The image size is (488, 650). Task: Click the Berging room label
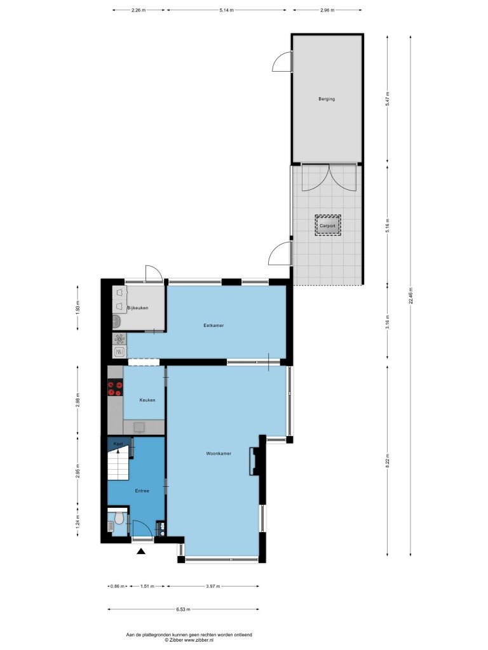click(x=327, y=99)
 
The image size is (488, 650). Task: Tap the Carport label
click(x=327, y=226)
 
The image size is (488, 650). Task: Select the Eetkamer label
click(x=213, y=326)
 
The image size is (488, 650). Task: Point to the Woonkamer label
click(x=219, y=453)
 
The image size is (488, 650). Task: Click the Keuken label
click(x=147, y=400)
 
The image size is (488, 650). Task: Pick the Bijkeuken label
click(x=137, y=308)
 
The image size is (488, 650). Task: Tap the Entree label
click(x=142, y=491)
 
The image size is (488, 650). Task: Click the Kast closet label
click(x=119, y=444)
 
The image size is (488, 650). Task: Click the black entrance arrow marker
click(x=141, y=551)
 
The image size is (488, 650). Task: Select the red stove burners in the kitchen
click(x=115, y=388)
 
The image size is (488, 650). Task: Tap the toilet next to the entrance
click(x=119, y=517)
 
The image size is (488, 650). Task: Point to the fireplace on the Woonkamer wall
click(x=254, y=461)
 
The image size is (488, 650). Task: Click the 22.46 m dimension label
click(x=411, y=296)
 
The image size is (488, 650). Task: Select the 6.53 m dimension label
click(x=183, y=609)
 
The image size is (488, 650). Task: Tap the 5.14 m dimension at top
click(x=227, y=10)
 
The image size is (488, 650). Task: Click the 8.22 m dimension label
click(x=388, y=461)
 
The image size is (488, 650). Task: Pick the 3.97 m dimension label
click(x=213, y=586)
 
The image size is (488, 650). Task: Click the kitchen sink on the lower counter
click(x=139, y=427)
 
